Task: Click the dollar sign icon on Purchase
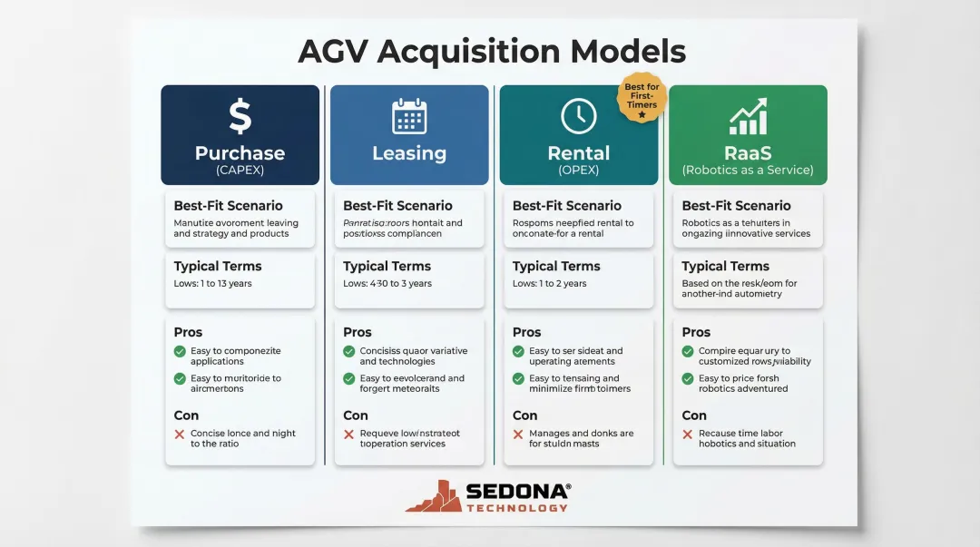click(x=240, y=117)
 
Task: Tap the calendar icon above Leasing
click(x=409, y=117)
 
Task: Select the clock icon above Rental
click(x=579, y=117)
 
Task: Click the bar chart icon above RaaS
click(x=748, y=117)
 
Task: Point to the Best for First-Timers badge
click(x=642, y=97)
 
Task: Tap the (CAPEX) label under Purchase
click(x=240, y=170)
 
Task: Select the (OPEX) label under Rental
click(x=579, y=170)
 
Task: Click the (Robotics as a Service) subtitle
click(x=748, y=170)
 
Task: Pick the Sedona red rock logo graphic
click(x=433, y=496)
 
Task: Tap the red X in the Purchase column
click(x=180, y=435)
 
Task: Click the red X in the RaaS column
click(x=688, y=435)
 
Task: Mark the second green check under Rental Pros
click(x=518, y=379)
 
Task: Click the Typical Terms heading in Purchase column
click(x=218, y=267)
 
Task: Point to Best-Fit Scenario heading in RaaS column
click(x=736, y=206)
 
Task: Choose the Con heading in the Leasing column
click(x=356, y=415)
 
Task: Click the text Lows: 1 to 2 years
click(x=549, y=284)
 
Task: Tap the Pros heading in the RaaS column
click(x=696, y=332)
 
